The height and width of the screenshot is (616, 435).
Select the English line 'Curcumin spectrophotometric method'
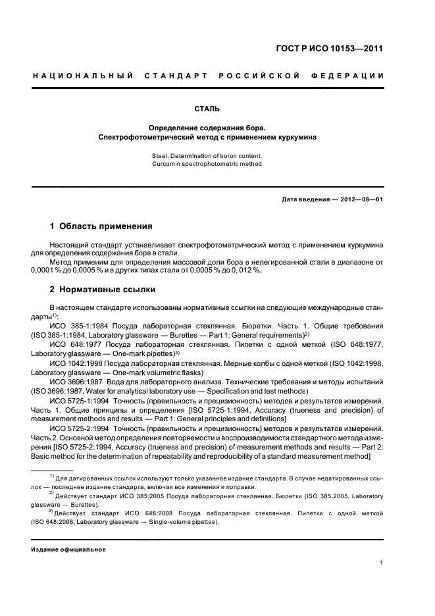(x=207, y=164)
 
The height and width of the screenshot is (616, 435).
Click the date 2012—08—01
(x=361, y=199)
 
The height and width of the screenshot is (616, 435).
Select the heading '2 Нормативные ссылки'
(x=103, y=290)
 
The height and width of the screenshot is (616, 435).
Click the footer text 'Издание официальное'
(x=69, y=549)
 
